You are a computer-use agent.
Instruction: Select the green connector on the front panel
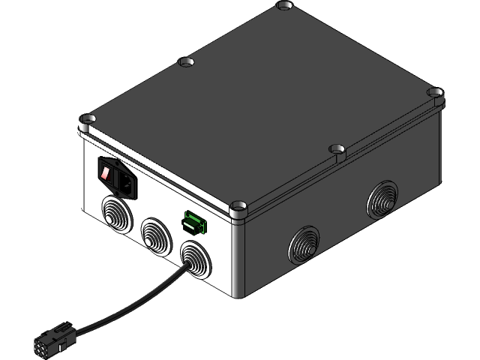(x=194, y=223)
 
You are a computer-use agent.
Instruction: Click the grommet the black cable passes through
(x=195, y=257)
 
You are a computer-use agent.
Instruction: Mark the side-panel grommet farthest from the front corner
(x=382, y=199)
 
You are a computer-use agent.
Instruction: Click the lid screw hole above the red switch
(x=87, y=118)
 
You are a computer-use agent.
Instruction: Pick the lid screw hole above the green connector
(x=238, y=204)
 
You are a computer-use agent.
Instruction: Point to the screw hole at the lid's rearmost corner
(x=284, y=5)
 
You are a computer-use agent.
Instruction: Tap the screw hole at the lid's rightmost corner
(x=436, y=93)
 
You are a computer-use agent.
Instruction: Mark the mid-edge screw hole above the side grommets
(x=337, y=149)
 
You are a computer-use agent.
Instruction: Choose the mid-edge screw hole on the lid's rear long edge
(x=185, y=62)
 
